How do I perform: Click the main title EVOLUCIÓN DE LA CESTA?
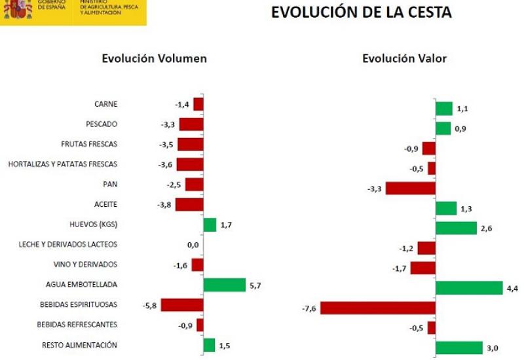362,12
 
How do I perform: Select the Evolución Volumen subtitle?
155,58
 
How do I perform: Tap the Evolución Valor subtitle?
404,58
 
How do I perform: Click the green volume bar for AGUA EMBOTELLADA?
225,285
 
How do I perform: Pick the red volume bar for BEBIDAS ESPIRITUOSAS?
182,305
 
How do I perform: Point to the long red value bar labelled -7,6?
378,308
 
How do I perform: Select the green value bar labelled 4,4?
469,288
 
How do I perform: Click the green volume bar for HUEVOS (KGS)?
210,225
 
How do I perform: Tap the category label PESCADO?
102,124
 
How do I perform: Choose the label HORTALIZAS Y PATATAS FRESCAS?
63,164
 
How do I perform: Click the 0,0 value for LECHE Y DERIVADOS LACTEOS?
193,245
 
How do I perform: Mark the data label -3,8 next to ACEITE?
164,205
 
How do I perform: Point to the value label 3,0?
493,348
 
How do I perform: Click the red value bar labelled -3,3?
411,189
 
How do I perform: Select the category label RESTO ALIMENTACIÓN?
79,345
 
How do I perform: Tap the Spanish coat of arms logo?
18,9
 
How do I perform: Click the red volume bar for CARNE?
198,104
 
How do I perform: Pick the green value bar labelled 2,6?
456,228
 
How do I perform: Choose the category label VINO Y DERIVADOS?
85,264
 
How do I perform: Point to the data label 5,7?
255,285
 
